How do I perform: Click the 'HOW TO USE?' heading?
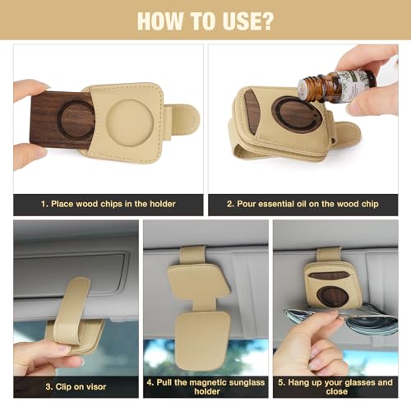[205, 20]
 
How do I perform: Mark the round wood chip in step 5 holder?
[333, 296]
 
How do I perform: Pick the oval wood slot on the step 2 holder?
[253, 111]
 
